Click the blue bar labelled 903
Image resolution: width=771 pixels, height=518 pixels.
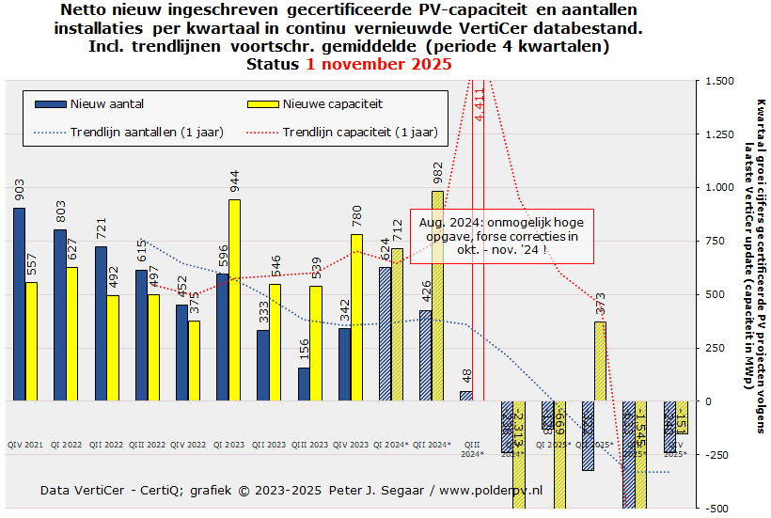click(19, 304)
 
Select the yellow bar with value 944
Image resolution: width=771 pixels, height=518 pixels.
click(234, 300)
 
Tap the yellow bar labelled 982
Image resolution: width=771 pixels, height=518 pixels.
click(437, 295)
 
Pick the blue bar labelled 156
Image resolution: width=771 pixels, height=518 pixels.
click(304, 384)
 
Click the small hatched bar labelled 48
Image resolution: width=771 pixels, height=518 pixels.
click(465, 396)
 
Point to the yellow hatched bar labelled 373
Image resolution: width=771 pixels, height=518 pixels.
click(600, 361)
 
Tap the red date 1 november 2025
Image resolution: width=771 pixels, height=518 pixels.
click(378, 65)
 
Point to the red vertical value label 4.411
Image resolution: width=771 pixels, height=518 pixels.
click(480, 103)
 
